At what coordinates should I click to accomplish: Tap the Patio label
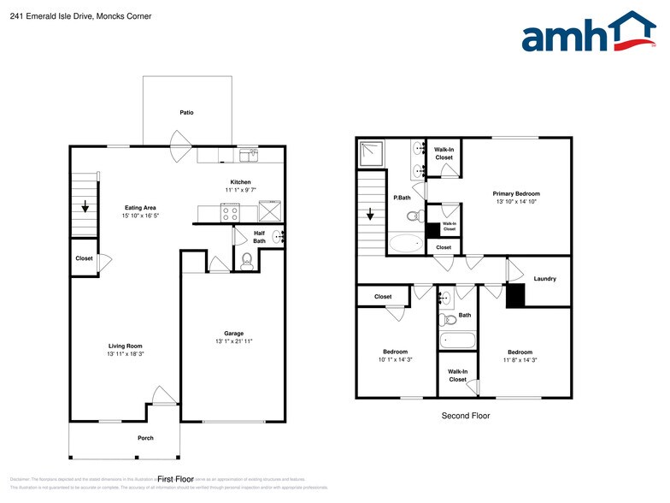coord(186,112)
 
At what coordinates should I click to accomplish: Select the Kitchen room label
coord(240,181)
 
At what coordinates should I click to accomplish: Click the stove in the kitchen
coord(231,211)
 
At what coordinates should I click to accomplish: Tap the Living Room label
coord(125,346)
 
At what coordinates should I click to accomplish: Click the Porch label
coord(145,438)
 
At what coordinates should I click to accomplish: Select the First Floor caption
coord(178,479)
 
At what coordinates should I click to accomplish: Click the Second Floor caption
coord(466,416)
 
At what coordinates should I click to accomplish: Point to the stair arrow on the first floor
coord(85,206)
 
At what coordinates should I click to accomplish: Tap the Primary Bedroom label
coord(516,193)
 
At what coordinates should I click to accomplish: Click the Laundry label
coord(545,279)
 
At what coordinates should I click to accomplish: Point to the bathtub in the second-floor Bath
coord(458,340)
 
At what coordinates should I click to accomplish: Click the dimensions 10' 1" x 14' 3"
coord(395,360)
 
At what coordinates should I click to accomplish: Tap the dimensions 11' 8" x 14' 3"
coord(520,360)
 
